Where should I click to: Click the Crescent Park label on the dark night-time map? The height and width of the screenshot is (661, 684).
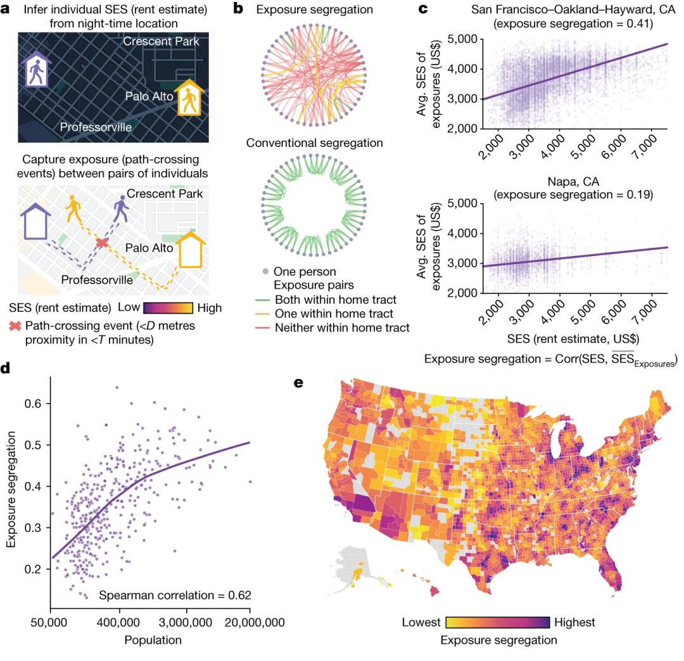click(161, 42)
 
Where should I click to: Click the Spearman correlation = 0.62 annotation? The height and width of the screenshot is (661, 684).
click(175, 595)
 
